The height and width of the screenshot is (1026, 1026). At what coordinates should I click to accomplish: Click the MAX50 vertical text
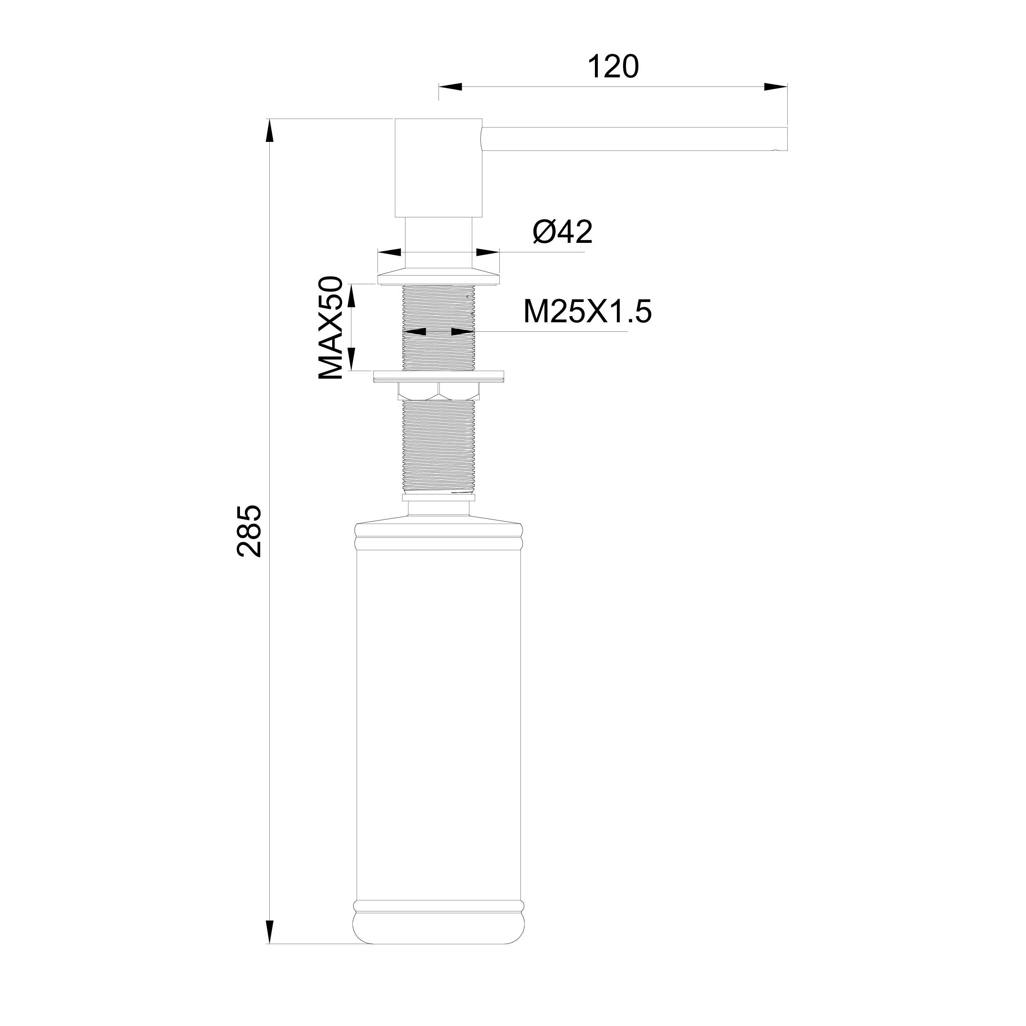pos(331,328)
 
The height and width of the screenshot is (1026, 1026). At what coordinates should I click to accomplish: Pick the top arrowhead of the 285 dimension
pos(270,129)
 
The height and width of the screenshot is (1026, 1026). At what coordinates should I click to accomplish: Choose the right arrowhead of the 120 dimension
pos(775,86)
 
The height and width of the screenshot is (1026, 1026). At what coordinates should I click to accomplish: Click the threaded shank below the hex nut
pos(439,446)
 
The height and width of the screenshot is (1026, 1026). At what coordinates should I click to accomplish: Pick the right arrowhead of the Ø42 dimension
pos(487,253)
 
